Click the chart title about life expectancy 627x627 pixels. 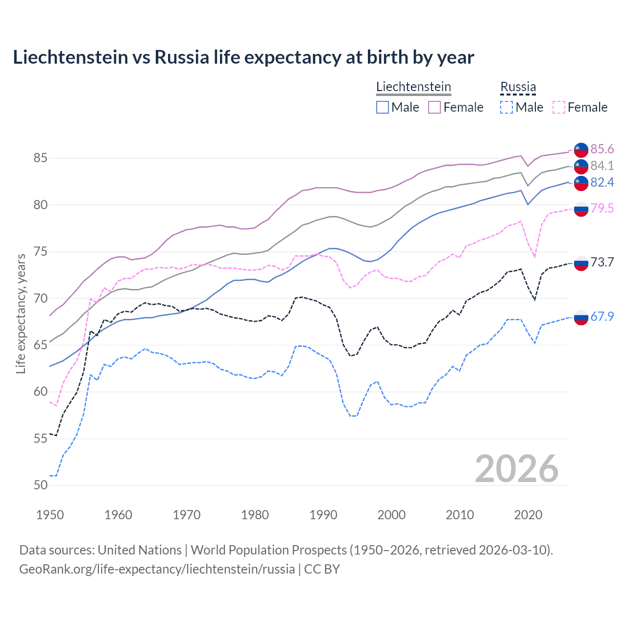(243, 57)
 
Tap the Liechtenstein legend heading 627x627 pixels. (413, 87)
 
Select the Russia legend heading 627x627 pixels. (518, 87)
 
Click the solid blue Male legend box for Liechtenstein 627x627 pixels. (383, 107)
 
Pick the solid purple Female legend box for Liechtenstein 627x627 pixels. (434, 107)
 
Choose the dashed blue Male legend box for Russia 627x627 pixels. (506, 107)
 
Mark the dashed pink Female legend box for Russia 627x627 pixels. (559, 107)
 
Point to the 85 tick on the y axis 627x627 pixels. (41, 158)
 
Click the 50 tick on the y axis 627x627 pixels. (41, 485)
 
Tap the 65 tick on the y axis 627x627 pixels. (41, 345)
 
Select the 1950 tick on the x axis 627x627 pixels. (50, 515)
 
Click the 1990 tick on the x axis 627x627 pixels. (323, 515)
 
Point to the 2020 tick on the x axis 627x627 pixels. (528, 515)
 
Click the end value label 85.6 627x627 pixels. (602, 149)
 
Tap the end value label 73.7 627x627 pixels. (602, 262)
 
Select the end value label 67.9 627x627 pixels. (602, 316)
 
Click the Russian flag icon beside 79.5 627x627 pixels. (581, 209)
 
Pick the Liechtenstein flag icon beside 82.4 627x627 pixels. (581, 183)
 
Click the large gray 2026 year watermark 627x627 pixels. (517, 469)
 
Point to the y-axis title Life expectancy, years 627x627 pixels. (21, 313)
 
